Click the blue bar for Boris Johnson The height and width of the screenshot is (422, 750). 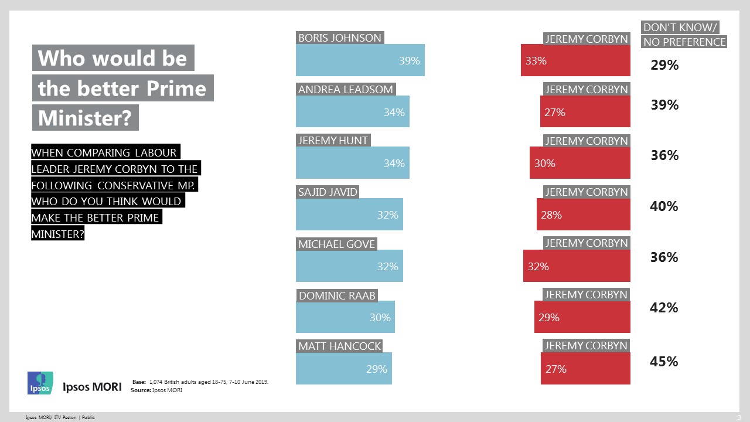(360, 60)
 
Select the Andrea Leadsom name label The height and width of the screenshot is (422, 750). (345, 90)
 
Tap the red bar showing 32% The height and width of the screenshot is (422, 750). (577, 266)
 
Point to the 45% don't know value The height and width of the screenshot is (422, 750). (664, 362)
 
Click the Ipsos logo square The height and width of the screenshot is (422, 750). (40, 383)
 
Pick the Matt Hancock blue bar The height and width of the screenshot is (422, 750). (343, 369)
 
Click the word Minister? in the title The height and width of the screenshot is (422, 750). (84, 118)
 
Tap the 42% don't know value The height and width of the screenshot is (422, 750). (664, 308)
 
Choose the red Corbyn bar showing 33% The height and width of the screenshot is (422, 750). (575, 60)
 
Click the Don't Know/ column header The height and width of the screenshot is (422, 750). (680, 28)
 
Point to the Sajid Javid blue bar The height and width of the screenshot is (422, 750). (349, 215)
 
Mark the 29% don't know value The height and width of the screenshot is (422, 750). (664, 65)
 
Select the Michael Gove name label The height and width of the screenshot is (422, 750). (337, 244)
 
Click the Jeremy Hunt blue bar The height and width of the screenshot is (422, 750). (352, 163)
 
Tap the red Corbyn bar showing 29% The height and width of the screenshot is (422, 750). (582, 317)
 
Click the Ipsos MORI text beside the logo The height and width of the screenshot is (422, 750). (92, 387)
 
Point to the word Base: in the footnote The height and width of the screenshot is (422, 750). (139, 382)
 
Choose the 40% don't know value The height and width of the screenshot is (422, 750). (664, 206)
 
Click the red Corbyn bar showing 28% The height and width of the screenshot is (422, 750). (583, 215)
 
